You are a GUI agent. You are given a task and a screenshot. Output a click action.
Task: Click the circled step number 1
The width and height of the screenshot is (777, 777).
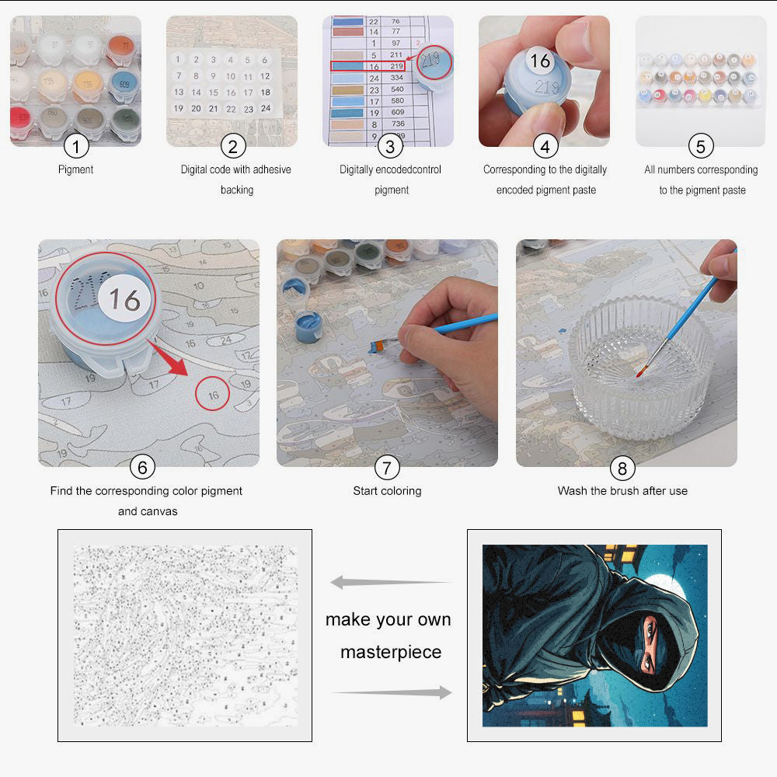pos(76,145)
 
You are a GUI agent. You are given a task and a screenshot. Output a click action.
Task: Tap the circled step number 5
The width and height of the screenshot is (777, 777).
pos(701,145)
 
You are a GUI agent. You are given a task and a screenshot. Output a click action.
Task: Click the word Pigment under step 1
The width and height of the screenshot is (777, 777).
pos(76,169)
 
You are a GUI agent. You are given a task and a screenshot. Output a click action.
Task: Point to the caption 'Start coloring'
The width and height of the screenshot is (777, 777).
pos(387,491)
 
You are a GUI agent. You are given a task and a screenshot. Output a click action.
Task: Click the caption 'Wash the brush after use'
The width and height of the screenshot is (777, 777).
pos(622,491)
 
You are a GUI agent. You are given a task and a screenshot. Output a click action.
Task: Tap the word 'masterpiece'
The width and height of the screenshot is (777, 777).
pos(391,652)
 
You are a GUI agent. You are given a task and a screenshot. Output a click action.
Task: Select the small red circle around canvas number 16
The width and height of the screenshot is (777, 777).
pos(213,394)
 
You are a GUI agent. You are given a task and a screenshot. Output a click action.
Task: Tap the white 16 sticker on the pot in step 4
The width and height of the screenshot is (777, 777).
pos(540,61)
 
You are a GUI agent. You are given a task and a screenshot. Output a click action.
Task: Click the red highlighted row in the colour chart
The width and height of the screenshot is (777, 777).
pos(368,67)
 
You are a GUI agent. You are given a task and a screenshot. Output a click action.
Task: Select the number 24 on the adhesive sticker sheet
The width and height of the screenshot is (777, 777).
pos(265,109)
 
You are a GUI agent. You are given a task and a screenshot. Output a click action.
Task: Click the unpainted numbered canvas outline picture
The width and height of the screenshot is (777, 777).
pos(185,635)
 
